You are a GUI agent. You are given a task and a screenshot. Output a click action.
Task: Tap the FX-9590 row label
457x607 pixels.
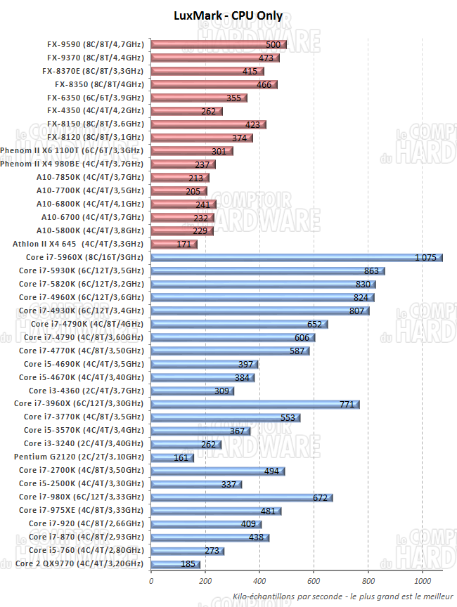tap(95, 44)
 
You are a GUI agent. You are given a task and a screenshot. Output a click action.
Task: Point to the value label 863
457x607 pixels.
tap(371, 270)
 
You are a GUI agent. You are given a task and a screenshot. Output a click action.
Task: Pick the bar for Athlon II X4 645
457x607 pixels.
tap(174, 244)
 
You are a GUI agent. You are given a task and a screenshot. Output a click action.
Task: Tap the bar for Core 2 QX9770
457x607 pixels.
tap(176, 563)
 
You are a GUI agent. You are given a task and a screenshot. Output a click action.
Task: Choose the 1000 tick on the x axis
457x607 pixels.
tap(423, 581)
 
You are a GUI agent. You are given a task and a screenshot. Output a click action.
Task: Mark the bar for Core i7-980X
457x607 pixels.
tap(242, 497)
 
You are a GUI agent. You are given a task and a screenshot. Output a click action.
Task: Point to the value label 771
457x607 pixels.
tap(347, 404)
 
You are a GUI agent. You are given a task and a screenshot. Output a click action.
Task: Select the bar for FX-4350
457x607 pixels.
tap(186, 110)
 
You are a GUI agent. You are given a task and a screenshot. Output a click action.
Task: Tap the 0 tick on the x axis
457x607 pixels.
tap(151, 581)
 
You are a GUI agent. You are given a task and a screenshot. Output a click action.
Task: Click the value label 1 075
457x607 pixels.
tap(426, 257)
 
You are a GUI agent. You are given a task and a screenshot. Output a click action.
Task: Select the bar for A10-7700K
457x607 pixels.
tap(179, 190)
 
